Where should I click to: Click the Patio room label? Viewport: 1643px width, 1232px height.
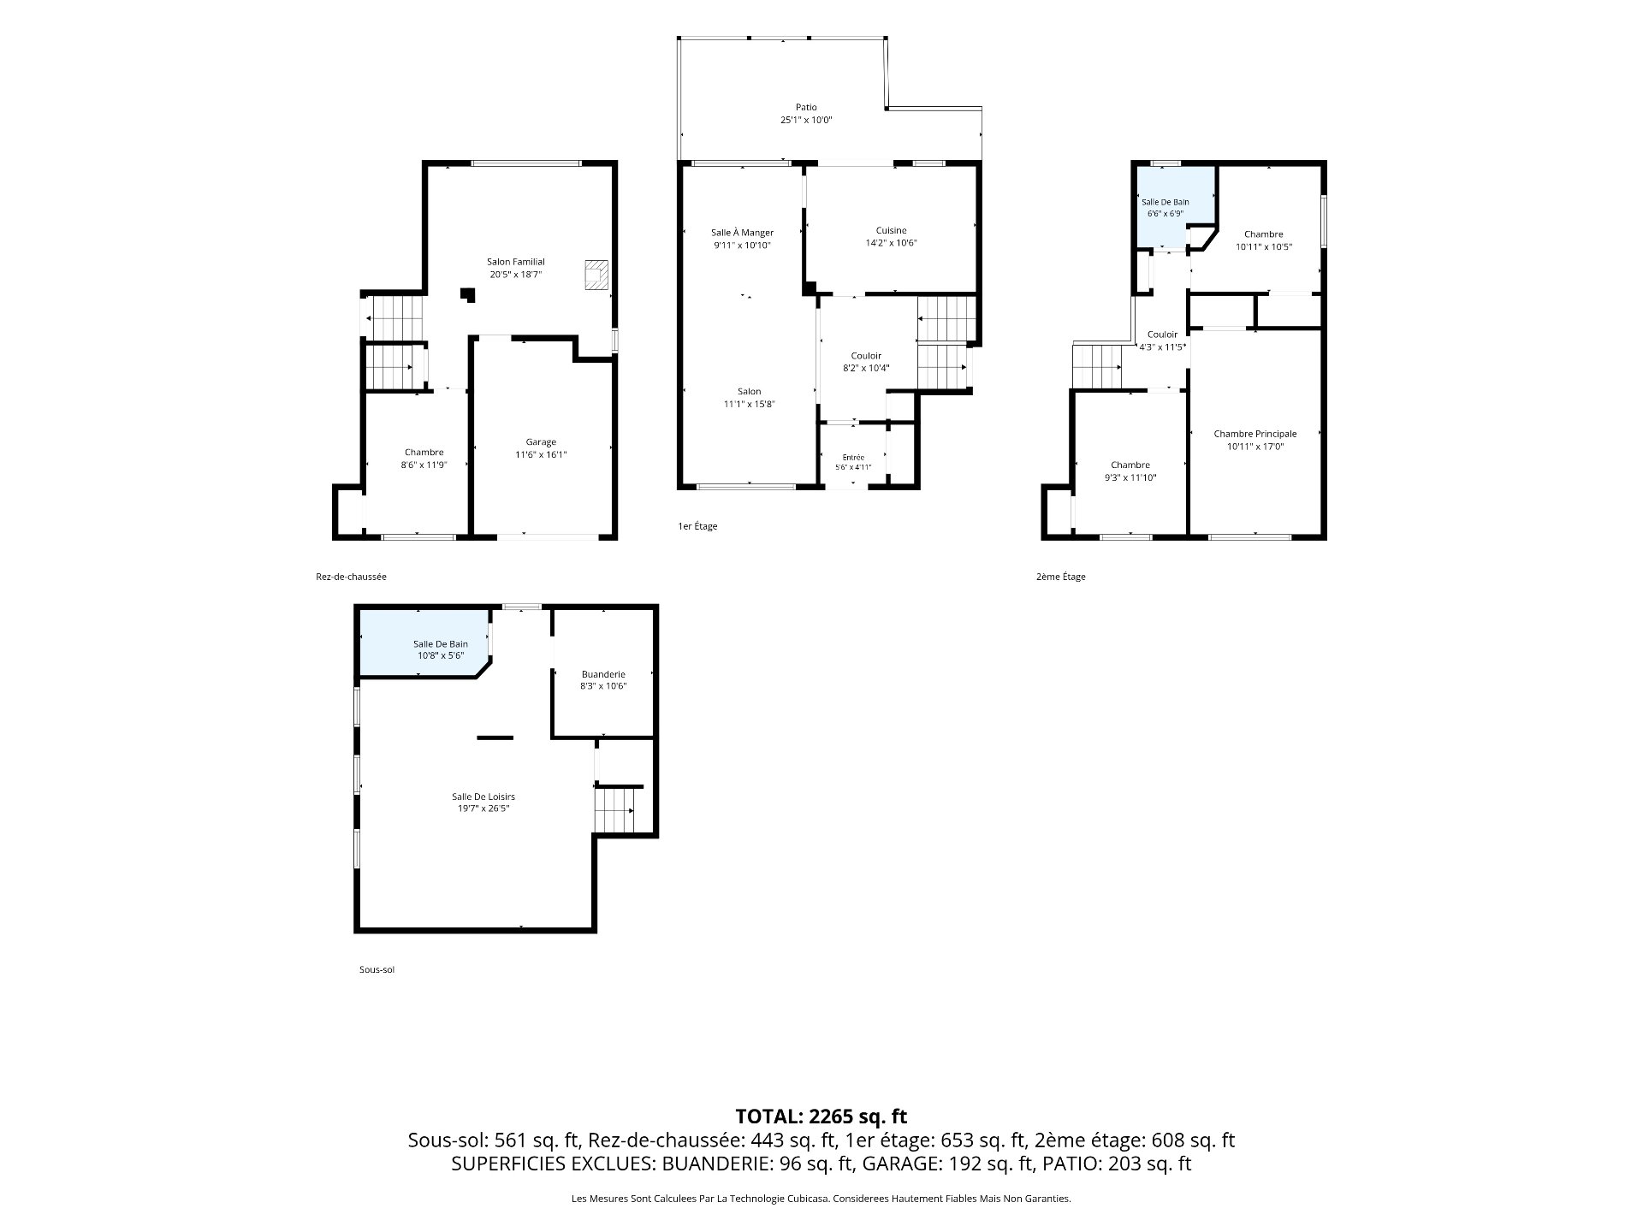click(805, 108)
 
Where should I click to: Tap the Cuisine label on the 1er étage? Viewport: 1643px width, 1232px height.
click(891, 230)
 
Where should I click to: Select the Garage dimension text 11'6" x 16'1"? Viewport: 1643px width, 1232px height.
click(541, 455)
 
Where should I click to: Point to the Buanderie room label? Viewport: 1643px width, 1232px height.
click(603, 674)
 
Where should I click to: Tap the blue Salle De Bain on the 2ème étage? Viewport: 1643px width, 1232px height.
click(1175, 206)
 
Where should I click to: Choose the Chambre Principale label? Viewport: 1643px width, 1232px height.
click(1255, 434)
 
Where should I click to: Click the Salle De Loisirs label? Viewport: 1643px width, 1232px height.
click(483, 797)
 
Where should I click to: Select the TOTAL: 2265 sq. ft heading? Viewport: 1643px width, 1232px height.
click(821, 1116)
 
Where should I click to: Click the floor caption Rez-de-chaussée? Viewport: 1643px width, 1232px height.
click(351, 577)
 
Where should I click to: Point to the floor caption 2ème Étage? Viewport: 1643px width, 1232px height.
click(1060, 577)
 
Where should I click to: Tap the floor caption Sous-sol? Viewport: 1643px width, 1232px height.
click(377, 969)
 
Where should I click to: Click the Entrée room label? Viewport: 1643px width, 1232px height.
click(853, 458)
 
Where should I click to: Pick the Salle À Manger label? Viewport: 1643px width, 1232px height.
click(742, 233)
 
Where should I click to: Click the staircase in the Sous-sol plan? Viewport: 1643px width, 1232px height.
click(616, 809)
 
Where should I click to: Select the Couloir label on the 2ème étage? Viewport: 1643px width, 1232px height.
click(1162, 335)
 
